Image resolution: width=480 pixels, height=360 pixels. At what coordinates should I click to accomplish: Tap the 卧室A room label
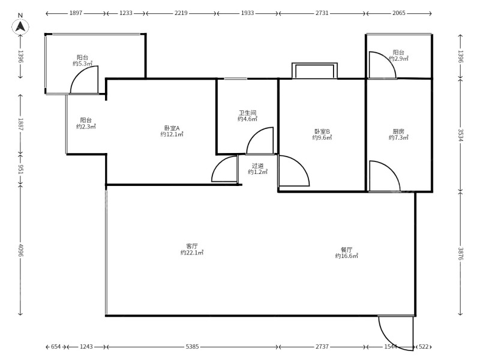pos(172,128)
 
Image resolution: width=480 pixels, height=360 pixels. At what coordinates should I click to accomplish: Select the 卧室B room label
pos(322,131)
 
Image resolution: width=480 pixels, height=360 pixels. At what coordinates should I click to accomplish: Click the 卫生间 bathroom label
pos(247,113)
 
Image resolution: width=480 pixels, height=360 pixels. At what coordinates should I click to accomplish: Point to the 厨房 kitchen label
pos(398,131)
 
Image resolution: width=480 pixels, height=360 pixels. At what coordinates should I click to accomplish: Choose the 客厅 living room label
pos(192,246)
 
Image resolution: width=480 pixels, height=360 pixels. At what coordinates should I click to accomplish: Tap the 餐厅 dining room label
pos(347,250)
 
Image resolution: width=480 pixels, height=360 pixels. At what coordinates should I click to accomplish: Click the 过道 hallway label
pos(257,166)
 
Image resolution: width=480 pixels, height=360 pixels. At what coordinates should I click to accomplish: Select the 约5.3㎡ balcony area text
pos(82,64)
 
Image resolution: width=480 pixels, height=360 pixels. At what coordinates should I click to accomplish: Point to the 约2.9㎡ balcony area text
pos(398,58)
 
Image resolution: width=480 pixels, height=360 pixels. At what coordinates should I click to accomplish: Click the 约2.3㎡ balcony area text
pos(86,127)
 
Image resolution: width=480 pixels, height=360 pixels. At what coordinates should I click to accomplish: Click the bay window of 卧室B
pos(314,71)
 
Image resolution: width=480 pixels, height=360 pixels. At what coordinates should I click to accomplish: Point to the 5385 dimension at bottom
pos(192,347)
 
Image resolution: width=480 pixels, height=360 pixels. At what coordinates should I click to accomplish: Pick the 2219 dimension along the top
pos(181,13)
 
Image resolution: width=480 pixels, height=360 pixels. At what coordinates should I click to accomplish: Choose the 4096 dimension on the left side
pos(20,250)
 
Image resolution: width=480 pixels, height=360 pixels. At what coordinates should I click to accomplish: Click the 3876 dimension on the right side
pos(461,253)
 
